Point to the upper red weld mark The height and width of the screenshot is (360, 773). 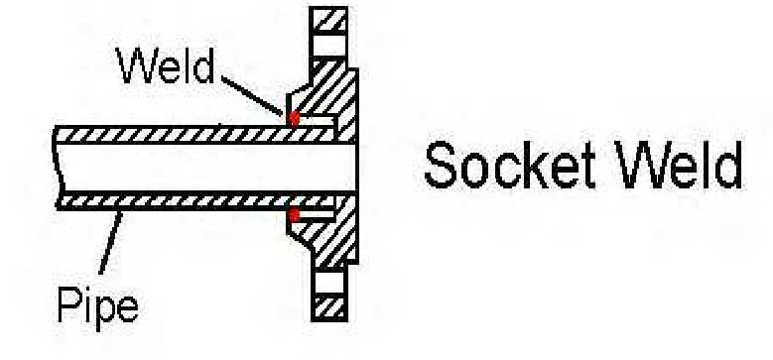tap(293, 118)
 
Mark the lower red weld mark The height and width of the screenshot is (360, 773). tap(293, 214)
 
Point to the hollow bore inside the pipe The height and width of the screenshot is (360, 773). tap(198, 167)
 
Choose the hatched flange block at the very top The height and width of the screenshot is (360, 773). tap(328, 21)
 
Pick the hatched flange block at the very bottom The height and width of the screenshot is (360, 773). tap(328, 305)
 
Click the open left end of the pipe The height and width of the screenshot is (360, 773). tap(57, 167)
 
